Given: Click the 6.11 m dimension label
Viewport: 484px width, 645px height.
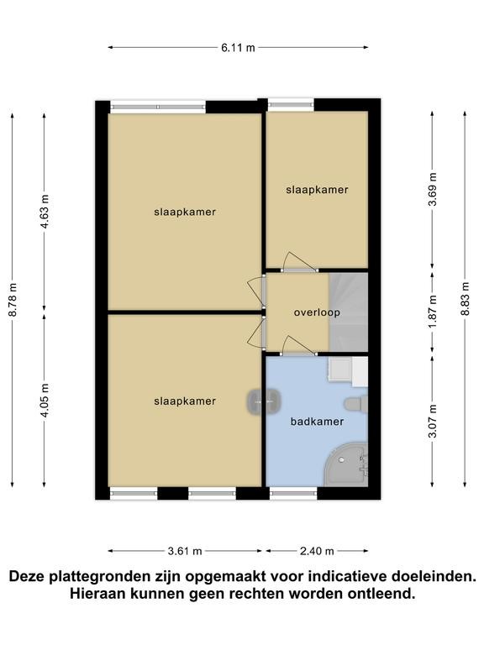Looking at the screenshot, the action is coord(238,48).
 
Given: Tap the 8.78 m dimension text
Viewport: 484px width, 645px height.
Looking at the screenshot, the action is coord(13,300).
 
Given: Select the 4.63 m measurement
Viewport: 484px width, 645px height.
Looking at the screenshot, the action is coord(45,211).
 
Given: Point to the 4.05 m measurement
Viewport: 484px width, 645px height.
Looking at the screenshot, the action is coord(45,400).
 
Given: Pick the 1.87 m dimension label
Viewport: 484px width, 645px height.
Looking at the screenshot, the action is coord(432,312).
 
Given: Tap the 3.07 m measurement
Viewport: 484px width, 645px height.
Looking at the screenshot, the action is coord(432,422).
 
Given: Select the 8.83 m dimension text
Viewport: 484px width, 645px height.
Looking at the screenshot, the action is coord(465,298).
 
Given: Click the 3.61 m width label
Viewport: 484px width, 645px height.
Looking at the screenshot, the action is coord(185,551).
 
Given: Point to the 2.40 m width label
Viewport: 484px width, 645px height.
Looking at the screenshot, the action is coord(317,551).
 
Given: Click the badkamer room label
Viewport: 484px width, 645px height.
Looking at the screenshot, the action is coord(317,422).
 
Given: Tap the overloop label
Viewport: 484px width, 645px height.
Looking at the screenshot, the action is coord(317,312).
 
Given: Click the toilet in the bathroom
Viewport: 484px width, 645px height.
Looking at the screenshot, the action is coord(355,403).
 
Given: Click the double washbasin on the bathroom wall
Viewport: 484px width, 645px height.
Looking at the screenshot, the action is coord(264,401).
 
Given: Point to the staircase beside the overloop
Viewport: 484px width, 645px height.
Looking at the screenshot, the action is coord(348,312).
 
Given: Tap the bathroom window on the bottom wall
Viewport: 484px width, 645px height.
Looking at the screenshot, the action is coord(293,493).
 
